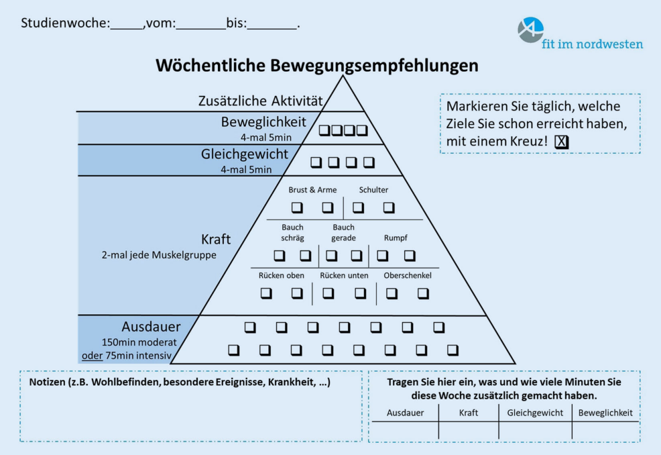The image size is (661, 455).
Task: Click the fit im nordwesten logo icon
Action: point(530,30)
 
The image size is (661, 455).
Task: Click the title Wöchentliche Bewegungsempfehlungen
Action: point(317,65)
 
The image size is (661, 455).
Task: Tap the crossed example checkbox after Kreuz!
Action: point(562,142)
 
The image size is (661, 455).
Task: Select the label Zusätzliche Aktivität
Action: point(260,101)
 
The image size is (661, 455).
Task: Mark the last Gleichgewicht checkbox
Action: point(369,162)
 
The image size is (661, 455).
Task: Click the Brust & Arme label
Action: point(312,190)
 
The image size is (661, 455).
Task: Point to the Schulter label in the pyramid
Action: point(373,190)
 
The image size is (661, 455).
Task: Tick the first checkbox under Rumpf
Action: point(382,255)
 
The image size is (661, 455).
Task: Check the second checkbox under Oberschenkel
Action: point(423,293)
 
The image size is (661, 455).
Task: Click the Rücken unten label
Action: point(343,275)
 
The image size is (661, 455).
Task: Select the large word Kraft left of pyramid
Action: point(216,240)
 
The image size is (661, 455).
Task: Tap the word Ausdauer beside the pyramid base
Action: point(151,327)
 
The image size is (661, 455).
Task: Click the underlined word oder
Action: point(92,355)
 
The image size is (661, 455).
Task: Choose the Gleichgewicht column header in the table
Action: point(535,413)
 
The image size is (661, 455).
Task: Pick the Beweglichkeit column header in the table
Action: point(605,413)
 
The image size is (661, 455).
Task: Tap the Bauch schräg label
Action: point(292,233)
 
